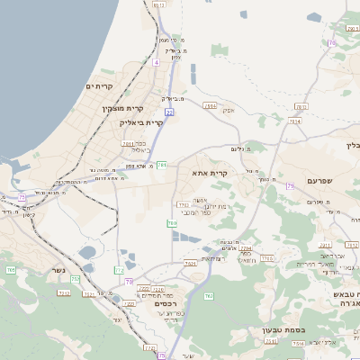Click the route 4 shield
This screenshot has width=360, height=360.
coord(155,62)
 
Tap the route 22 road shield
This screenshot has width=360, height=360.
coord(168,112)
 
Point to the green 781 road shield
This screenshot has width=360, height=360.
coord(160,166)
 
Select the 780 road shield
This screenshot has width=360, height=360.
coord(172,222)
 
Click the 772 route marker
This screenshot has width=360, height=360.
coord(120,270)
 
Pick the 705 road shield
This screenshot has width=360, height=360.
coord(11,270)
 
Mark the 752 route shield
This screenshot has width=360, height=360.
coord(75,280)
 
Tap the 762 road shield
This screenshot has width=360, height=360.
coord(209,295)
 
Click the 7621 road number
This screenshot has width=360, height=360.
coord(190,263)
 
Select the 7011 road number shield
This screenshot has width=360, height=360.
coord(128,143)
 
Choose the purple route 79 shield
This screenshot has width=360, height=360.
coord(290,185)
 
